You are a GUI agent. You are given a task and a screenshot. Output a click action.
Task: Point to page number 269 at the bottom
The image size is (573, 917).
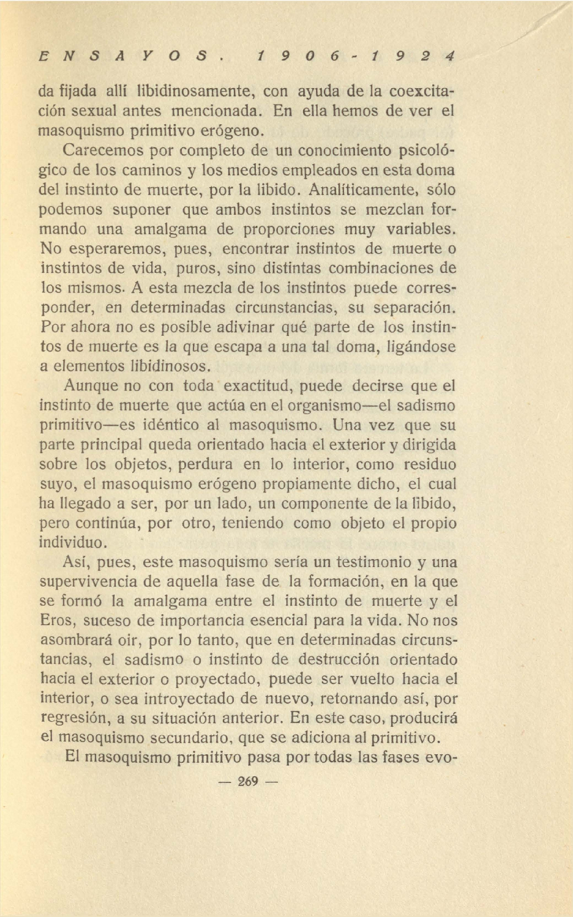pyautogui.click(x=247, y=781)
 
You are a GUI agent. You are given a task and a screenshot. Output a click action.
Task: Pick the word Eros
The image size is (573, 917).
pyautogui.click(x=58, y=620)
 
